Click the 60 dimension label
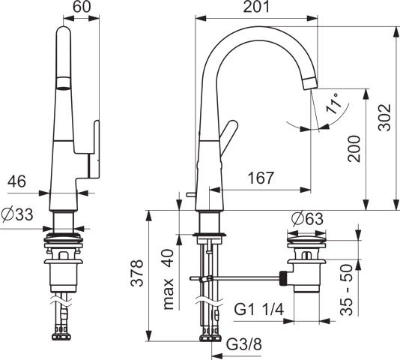click(x=82, y=7)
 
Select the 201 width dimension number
click(x=256, y=7)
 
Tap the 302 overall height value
click(x=384, y=118)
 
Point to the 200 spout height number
click(x=354, y=149)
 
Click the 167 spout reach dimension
click(x=261, y=178)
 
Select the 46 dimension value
click(x=16, y=181)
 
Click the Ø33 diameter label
click(x=17, y=214)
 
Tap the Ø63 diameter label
click(x=307, y=219)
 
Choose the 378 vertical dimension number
click(x=136, y=273)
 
